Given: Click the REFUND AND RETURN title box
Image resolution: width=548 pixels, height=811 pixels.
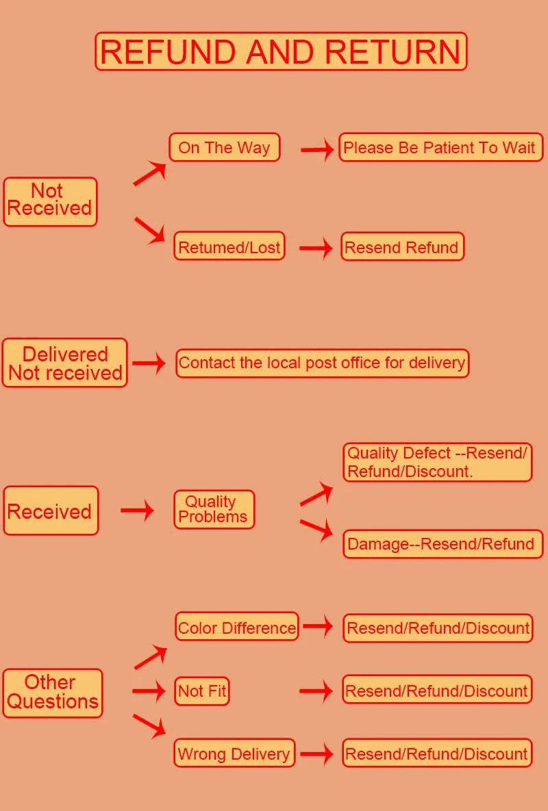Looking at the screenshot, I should click(281, 51).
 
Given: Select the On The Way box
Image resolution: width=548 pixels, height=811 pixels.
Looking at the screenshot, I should click(225, 147).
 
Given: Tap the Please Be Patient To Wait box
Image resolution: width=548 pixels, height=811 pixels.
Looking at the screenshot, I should click(440, 147).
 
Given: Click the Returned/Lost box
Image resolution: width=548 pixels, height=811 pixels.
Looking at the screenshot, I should click(229, 246).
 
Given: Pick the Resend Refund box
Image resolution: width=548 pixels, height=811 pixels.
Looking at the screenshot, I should click(402, 247).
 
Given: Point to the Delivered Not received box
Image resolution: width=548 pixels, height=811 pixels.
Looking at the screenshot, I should click(65, 363).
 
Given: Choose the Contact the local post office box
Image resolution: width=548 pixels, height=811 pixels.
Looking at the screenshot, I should click(323, 362).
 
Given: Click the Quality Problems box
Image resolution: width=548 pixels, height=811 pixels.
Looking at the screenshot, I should click(214, 509).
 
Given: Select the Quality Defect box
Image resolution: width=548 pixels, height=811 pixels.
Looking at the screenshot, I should click(437, 462).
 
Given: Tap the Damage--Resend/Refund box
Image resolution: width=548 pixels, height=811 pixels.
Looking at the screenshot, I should click(442, 544).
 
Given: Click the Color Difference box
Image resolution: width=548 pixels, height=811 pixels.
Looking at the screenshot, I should click(237, 627).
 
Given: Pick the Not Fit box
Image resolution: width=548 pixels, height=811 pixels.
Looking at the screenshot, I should click(202, 691).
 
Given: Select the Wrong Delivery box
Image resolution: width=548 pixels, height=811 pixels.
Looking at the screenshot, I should click(234, 754).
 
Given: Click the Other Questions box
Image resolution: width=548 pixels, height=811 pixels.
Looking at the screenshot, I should click(53, 693).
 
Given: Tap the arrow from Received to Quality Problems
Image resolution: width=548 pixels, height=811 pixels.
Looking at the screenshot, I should click(137, 510).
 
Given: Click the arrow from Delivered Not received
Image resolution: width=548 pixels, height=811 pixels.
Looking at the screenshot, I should click(149, 363).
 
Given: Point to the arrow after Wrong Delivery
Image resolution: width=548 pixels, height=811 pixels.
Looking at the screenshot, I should click(316, 754).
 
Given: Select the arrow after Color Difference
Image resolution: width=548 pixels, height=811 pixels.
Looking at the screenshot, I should click(319, 626).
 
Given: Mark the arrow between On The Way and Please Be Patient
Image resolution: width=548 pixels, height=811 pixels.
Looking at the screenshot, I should click(317, 149).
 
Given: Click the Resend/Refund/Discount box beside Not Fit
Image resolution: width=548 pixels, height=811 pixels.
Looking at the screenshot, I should click(437, 691).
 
